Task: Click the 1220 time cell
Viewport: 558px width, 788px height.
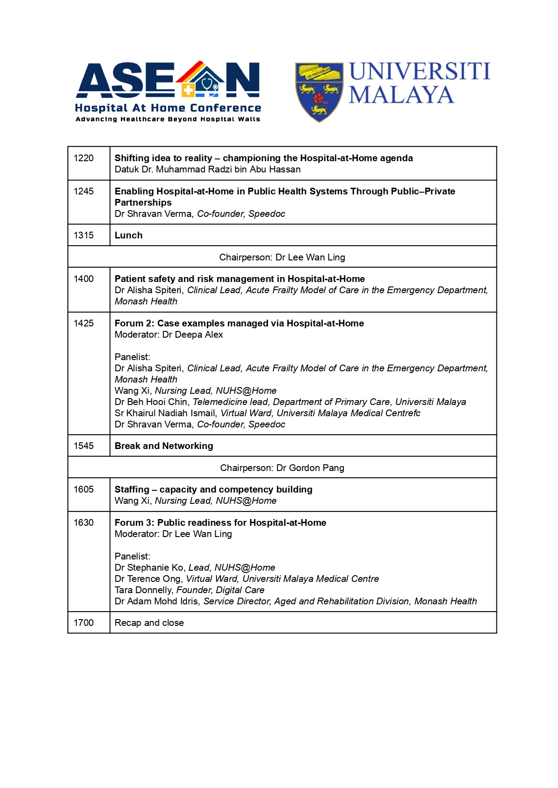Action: click(84, 158)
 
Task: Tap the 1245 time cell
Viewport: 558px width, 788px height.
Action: click(84, 191)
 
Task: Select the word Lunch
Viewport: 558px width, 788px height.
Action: click(128, 235)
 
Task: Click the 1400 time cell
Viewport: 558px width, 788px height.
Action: click(84, 279)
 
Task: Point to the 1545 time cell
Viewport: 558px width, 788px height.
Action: click(84, 446)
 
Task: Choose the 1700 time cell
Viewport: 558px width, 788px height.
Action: click(84, 623)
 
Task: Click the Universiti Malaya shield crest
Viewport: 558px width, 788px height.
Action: click(319, 92)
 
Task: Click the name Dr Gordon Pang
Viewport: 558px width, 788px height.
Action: click(310, 468)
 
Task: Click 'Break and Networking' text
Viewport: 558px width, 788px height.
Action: click(164, 446)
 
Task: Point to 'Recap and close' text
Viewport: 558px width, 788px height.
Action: click(149, 623)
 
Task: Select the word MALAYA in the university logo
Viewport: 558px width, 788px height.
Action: click(401, 95)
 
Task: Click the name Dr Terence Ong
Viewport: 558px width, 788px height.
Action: click(148, 579)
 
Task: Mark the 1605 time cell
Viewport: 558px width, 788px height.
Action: click(84, 489)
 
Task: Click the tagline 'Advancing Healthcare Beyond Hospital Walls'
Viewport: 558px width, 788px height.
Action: click(168, 119)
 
